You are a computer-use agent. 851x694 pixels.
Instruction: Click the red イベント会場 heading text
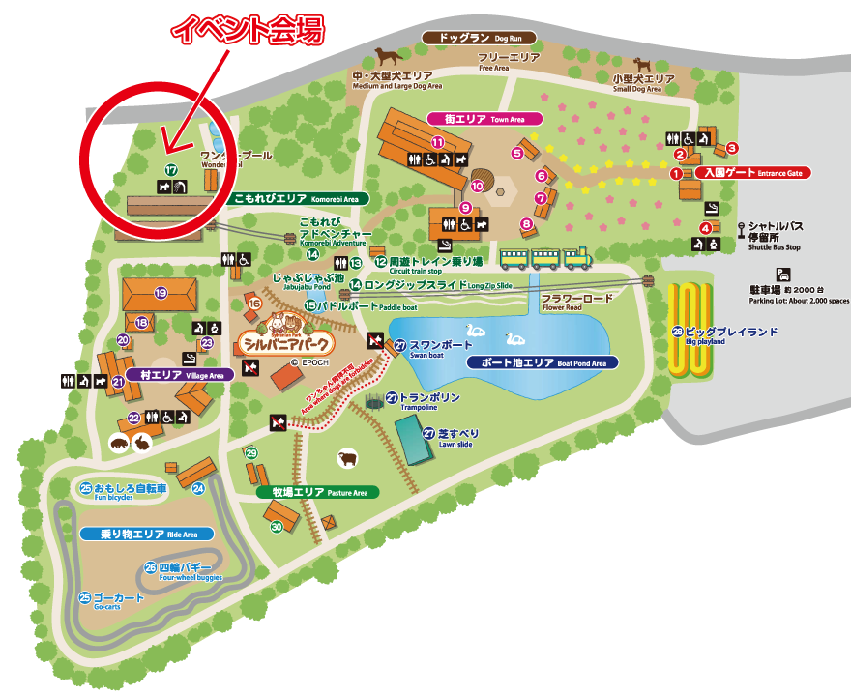click(x=247, y=29)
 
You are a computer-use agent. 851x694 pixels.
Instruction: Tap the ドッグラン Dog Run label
click(x=479, y=38)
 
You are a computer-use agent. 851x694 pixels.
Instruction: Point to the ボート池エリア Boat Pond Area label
click(x=541, y=363)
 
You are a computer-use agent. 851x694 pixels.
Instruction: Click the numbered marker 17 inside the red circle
click(x=171, y=171)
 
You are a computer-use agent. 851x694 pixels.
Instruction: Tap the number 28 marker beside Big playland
click(x=677, y=332)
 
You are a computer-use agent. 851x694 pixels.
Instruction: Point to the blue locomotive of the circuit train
click(x=577, y=258)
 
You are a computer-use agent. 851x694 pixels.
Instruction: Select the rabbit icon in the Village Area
click(x=142, y=444)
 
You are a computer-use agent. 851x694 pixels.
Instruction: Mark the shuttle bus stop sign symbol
click(x=741, y=229)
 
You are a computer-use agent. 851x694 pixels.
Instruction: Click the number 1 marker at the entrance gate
click(x=676, y=174)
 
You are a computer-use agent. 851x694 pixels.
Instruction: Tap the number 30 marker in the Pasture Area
click(x=276, y=527)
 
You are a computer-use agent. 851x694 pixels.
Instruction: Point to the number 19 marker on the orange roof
click(x=161, y=293)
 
